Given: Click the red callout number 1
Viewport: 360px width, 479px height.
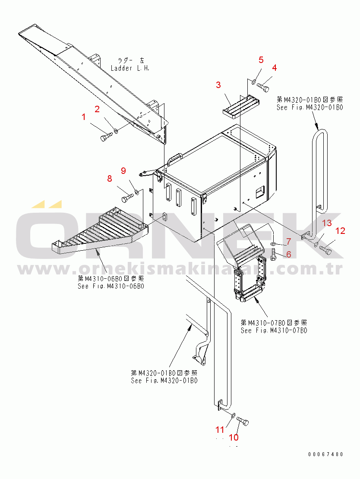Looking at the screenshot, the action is [x=85, y=117].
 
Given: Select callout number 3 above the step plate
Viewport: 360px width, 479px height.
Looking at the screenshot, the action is [x=218, y=85].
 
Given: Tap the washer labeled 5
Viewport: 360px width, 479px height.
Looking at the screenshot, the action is [x=254, y=82].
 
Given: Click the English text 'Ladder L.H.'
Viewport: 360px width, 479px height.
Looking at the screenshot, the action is [x=130, y=68].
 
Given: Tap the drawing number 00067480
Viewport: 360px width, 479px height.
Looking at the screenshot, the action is [x=326, y=454].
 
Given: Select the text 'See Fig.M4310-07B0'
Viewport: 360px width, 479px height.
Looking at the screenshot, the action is [x=274, y=331].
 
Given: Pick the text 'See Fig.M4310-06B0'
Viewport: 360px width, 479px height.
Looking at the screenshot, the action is [x=111, y=286].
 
